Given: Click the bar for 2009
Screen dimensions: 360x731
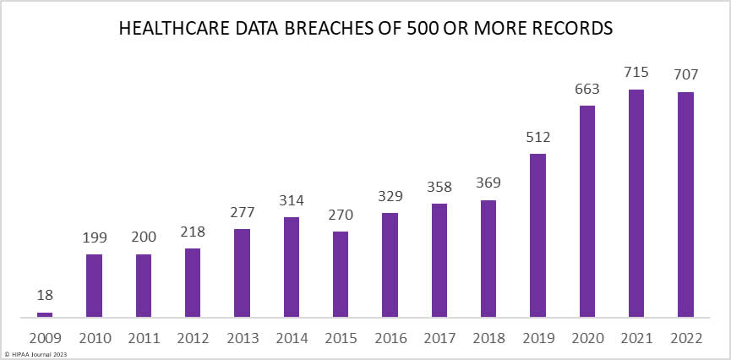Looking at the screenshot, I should tap(45, 314).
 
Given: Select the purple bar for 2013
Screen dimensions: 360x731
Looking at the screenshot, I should tap(242, 273).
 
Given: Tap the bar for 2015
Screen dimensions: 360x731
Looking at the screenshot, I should tap(341, 274).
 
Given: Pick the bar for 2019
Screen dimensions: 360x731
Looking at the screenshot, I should tap(537, 235).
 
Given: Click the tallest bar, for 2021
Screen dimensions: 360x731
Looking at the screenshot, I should tap(636, 203).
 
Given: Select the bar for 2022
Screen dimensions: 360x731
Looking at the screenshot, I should tap(685, 205).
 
